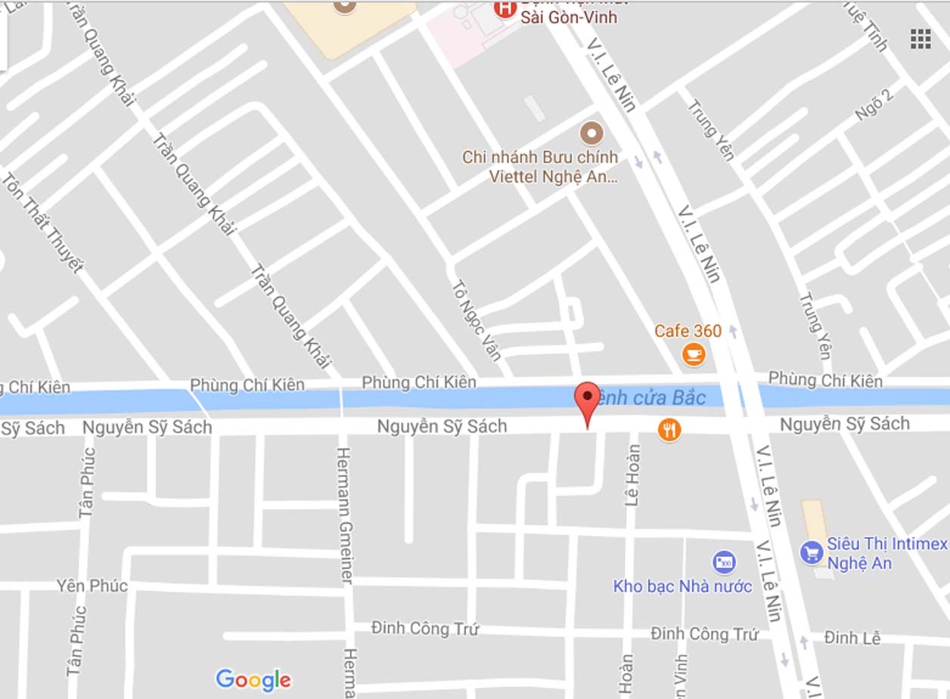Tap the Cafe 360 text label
688,331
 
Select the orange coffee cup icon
694,354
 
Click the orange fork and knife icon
669,430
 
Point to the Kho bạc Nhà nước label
682,586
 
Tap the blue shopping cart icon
811,552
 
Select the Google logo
253,679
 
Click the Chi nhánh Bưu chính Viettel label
540,167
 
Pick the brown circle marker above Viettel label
591,134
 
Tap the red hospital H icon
503,9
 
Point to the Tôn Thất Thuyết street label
42,223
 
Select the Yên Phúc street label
92,586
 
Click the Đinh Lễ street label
852,638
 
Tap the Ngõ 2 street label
874,104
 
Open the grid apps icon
921,39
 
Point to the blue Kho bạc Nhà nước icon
724,562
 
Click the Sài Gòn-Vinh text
569,17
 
